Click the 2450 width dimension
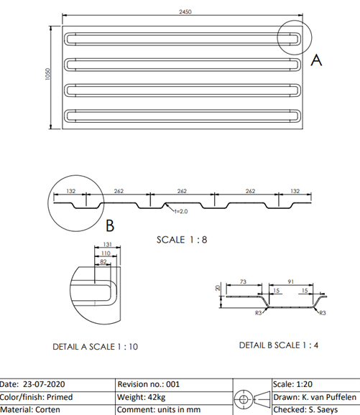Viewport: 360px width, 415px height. (x=185, y=11)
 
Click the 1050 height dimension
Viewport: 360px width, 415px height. (x=47, y=74)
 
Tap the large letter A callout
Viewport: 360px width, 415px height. (x=316, y=60)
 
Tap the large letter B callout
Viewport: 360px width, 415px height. (x=110, y=225)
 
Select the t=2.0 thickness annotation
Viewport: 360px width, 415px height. (x=181, y=211)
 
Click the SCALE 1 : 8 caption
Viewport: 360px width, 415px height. (x=182, y=240)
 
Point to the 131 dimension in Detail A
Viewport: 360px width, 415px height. (x=107, y=244)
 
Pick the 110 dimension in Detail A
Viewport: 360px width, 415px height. (x=106, y=253)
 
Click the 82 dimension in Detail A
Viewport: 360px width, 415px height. (x=103, y=262)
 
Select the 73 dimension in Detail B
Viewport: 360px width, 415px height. (x=243, y=281)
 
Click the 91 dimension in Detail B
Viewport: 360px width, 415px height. (x=290, y=281)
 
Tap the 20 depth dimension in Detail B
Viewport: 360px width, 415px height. (x=218, y=288)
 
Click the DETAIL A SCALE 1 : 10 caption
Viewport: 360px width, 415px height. (x=96, y=347)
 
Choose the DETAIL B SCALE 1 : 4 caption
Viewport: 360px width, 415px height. (x=279, y=345)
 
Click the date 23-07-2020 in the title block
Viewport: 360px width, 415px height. (x=44, y=384)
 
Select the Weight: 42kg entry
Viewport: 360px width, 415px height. (x=141, y=397)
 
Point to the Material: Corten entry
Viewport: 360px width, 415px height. (x=30, y=409)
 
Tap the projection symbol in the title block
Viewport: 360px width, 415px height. (x=252, y=399)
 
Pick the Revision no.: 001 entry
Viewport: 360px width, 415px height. (x=149, y=384)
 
